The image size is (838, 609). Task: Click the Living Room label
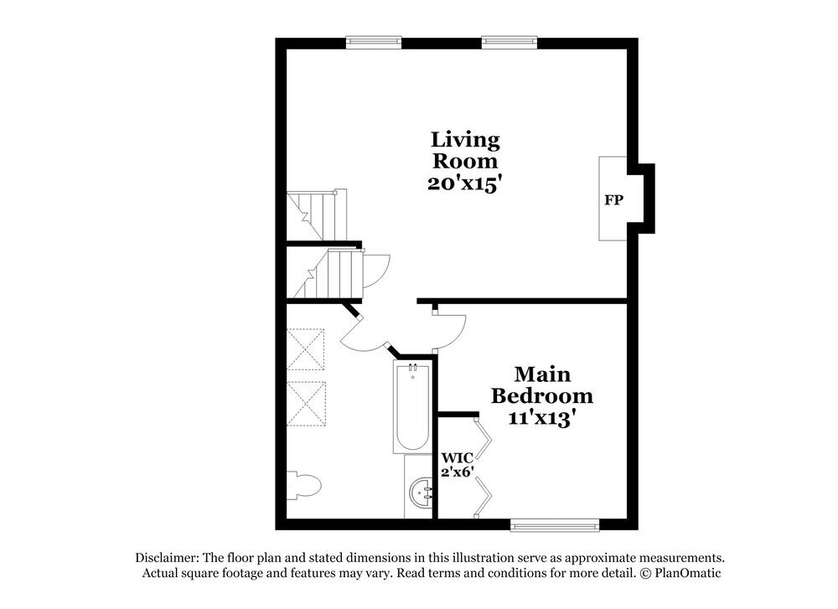coord(464,149)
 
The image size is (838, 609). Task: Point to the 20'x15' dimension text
coord(464,183)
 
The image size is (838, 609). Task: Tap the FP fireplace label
coord(613,200)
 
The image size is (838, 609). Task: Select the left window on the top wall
coord(374,42)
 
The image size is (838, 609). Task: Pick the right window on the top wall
coord(509,42)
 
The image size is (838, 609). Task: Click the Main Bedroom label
coord(541,384)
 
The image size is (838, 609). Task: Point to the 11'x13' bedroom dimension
coord(541,417)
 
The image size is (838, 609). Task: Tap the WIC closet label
coord(458,457)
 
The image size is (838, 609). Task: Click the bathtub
coord(411,409)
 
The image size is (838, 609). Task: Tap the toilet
coord(303,484)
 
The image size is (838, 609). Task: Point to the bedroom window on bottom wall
coord(556,524)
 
